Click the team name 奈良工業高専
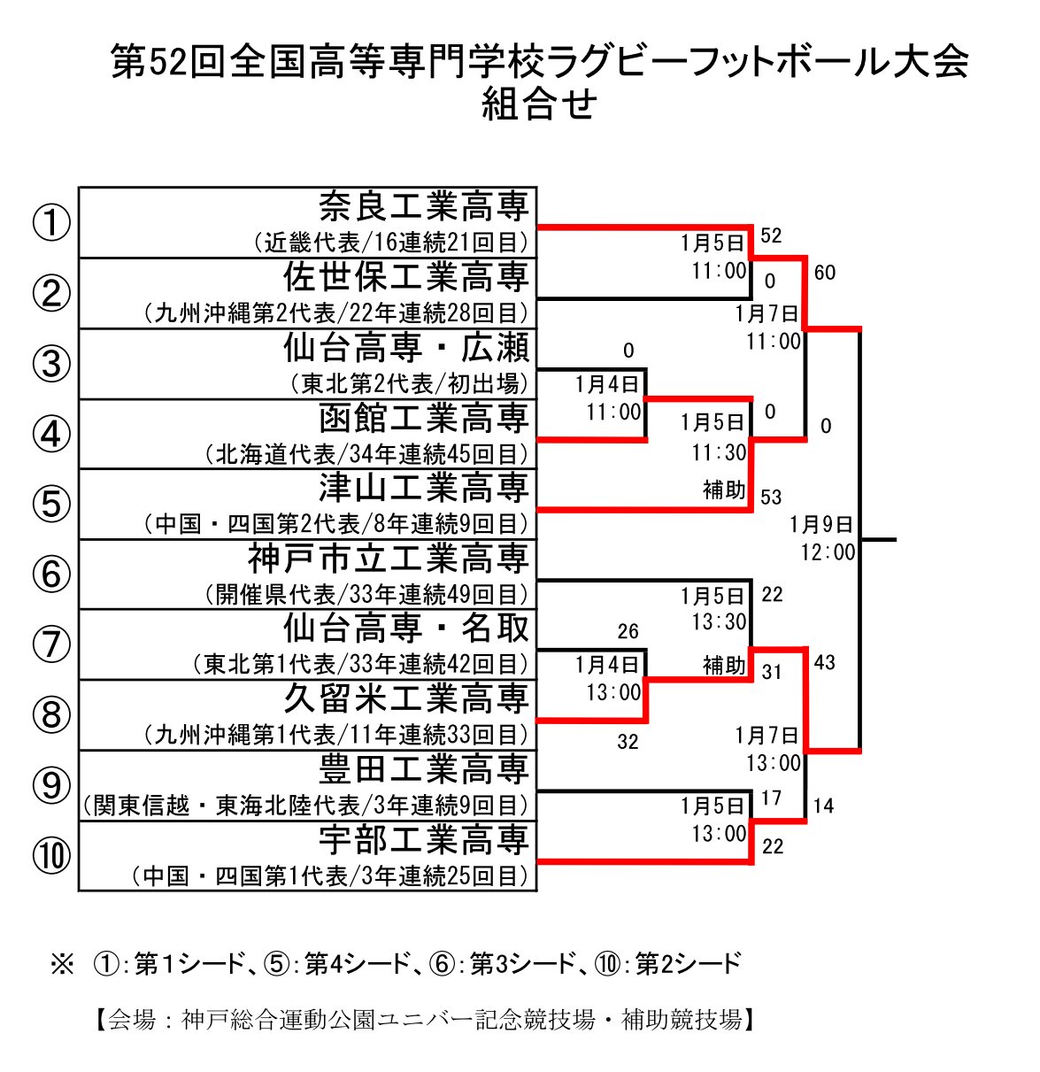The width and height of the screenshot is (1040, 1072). coord(424,206)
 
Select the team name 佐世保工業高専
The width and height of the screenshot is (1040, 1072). coord(406,277)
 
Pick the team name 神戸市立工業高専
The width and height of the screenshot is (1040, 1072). coord(389,558)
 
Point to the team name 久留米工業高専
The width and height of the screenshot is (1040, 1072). coord(406,698)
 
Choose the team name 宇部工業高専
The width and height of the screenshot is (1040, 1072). coord(424,839)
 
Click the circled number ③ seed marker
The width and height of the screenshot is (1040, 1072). coord(51,364)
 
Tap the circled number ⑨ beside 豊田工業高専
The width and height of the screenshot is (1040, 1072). coord(51,785)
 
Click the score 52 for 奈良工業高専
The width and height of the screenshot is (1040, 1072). coord(771,235)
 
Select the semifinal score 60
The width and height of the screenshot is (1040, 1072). coord(824,273)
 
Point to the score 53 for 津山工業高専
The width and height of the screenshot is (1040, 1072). coord(771,497)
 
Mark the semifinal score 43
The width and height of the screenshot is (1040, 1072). coord(824,662)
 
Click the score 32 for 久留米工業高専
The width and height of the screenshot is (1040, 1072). coord(628,742)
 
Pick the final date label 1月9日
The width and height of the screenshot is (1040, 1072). coord(821,525)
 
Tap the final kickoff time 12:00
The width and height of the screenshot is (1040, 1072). coord(828,552)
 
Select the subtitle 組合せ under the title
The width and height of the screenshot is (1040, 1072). coord(539,104)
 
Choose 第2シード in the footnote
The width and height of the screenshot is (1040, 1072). coord(688,963)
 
